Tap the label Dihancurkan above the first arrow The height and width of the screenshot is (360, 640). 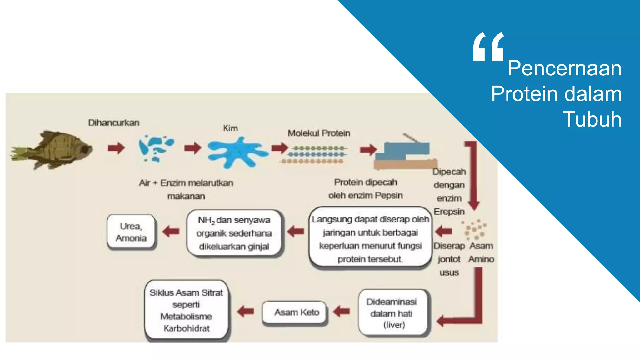pos(114,122)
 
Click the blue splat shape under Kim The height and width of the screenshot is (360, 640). pos(237,153)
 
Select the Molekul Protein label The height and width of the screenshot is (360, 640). pos(319,133)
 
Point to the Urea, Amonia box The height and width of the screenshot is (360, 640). pos(131,232)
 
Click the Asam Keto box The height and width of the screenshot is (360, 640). pos(296,312)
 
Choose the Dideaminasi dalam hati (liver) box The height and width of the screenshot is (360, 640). pos(393,313)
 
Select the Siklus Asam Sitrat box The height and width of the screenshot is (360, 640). pos(186,310)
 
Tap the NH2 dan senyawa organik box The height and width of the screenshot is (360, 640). pos(234,233)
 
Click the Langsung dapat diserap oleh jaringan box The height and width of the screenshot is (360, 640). pos(370,238)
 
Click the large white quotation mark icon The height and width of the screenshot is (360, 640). pos(488,47)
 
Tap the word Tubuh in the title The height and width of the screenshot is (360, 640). pos(592,119)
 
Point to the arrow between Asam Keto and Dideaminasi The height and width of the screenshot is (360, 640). pos(342,311)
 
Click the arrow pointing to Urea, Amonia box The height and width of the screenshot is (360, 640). pos(171,232)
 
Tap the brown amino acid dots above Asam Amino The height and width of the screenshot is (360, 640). pos(474,230)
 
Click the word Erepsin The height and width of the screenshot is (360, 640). pos(449,212)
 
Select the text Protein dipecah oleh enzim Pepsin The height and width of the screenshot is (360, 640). pos(365,189)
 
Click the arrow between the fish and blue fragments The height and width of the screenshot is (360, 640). pos(116,148)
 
